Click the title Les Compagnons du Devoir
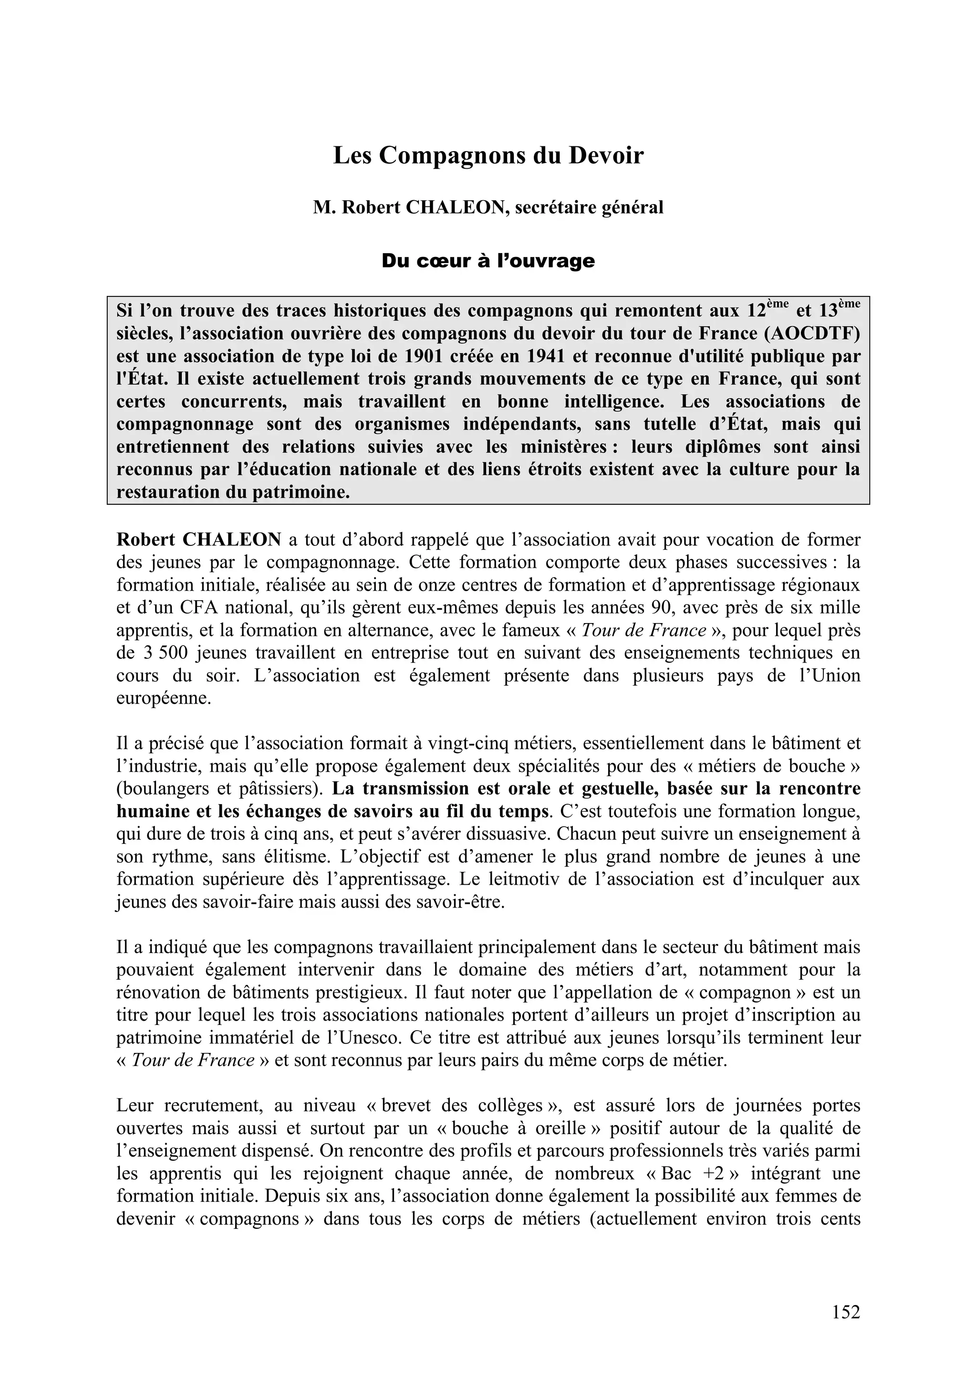point(488,155)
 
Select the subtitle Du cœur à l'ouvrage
point(488,261)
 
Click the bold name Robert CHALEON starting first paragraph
point(198,540)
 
